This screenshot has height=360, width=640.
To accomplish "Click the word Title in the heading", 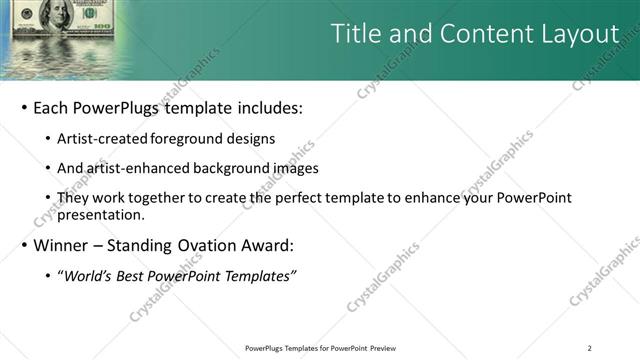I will pyautogui.click(x=356, y=34).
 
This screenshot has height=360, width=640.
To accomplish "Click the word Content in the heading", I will pyautogui.click(x=474, y=34).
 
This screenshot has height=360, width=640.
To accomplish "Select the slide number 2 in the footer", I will pyautogui.click(x=590, y=348).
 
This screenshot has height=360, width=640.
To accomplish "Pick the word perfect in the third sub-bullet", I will pyautogui.click(x=293, y=197).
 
